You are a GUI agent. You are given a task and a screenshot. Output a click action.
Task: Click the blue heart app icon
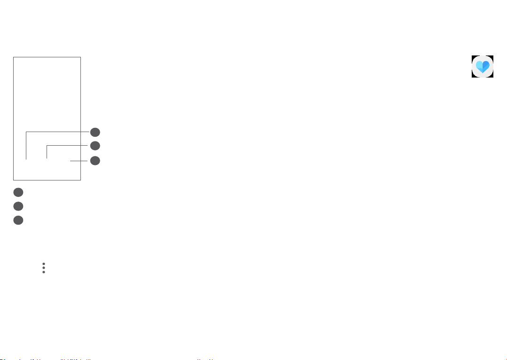pos(483,66)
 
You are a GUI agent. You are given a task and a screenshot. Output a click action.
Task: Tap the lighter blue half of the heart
pos(479,65)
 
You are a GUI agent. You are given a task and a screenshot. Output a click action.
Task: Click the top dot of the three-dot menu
pos(43,264)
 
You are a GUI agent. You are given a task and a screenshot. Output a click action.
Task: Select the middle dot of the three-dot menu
pos(43,268)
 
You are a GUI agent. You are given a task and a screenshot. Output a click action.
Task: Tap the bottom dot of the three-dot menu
pos(43,272)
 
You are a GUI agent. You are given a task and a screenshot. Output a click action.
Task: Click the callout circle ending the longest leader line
pos(95,132)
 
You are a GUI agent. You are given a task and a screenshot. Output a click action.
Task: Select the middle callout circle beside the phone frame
pos(95,146)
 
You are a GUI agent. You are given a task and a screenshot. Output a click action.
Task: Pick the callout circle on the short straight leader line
pos(95,160)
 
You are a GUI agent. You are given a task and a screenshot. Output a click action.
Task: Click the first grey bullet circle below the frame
pos(18,192)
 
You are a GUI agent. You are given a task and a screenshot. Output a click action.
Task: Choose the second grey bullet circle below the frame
pos(18,206)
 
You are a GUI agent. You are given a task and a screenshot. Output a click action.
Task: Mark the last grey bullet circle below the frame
pos(18,220)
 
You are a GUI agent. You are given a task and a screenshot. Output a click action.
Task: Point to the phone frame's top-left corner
pos(14,57)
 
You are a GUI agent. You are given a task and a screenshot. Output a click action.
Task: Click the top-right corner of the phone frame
pos(80,57)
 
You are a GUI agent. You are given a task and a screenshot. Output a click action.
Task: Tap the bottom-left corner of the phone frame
pos(14,180)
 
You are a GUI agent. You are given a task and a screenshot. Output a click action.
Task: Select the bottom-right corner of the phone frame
pos(80,180)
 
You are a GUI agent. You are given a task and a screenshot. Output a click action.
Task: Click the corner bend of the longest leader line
pos(26,132)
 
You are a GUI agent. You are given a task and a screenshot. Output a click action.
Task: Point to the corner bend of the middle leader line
pos(47,146)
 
